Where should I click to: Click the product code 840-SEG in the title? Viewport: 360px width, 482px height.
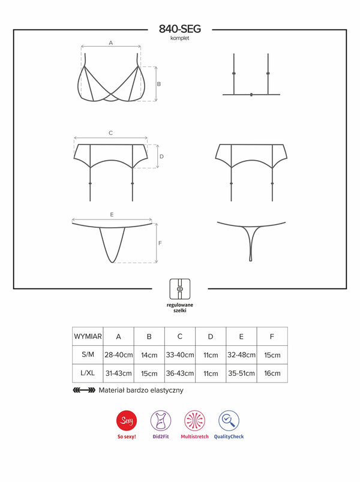click(179, 29)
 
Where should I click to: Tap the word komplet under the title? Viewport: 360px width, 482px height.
click(179, 38)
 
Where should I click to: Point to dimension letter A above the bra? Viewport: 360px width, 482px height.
click(111, 43)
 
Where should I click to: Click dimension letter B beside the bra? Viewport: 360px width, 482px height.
click(159, 84)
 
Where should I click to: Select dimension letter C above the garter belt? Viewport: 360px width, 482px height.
click(111, 133)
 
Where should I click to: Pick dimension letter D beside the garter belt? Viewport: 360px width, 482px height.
click(161, 156)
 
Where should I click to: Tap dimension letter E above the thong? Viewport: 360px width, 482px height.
click(112, 214)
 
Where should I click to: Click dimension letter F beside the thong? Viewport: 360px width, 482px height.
click(160, 243)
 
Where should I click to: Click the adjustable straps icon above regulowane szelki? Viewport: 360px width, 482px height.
click(179, 289)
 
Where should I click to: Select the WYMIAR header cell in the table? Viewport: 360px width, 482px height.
click(88, 336)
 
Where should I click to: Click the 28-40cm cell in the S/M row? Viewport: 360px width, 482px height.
click(118, 355)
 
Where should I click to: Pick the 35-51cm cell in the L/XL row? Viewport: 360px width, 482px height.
click(241, 373)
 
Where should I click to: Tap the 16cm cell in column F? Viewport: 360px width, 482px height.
click(272, 373)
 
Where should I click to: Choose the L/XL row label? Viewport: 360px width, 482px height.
click(88, 373)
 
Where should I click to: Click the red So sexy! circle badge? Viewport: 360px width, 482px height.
click(127, 420)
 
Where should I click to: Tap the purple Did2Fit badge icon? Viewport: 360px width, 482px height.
click(161, 420)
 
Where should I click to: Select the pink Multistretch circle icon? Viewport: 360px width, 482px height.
click(194, 420)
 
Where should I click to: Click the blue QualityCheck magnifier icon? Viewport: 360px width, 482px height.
click(229, 420)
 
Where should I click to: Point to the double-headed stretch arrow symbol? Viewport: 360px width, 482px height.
click(84, 390)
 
